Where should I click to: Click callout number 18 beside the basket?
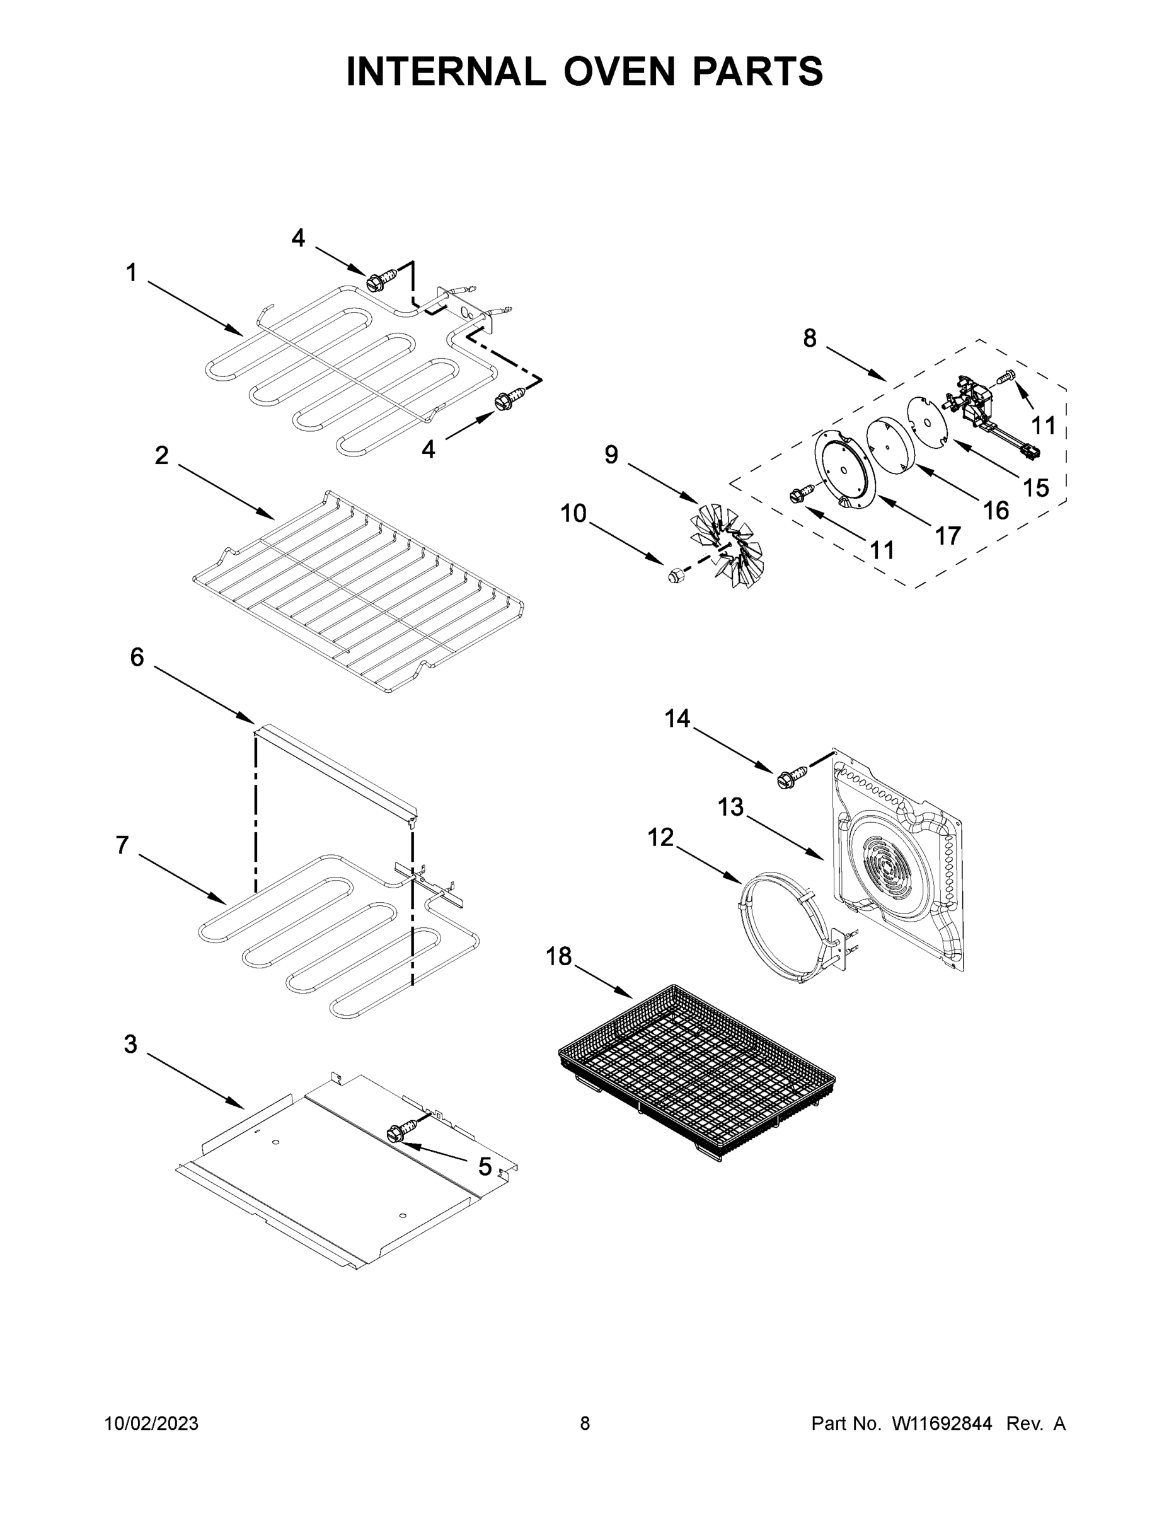click(x=558, y=957)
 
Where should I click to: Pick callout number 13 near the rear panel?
click(x=730, y=806)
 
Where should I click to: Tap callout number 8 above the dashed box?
click(x=810, y=338)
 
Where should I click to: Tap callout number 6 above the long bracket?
click(x=137, y=657)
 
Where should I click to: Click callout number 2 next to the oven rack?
click(x=161, y=455)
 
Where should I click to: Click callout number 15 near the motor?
click(x=1035, y=488)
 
